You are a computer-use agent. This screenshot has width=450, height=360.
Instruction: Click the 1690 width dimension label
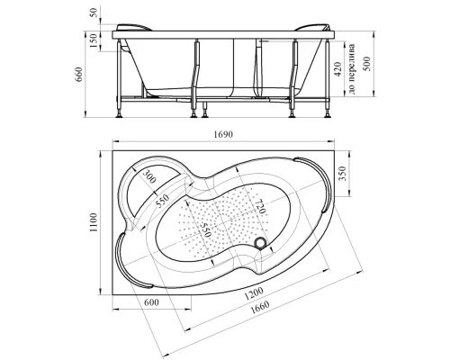pos(223,134)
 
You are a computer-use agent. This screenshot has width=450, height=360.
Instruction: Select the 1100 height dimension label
pos(94,222)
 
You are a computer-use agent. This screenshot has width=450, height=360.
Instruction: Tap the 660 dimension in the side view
pos(79,75)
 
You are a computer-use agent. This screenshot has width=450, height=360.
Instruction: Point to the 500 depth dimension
pos(366,64)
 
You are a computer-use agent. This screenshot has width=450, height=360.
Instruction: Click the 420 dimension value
pos(338,69)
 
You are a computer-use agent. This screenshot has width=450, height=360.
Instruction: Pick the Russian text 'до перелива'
pos(352,68)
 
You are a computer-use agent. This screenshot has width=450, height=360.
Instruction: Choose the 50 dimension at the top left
pos(94,13)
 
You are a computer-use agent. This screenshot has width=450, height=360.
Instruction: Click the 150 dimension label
pos(94,40)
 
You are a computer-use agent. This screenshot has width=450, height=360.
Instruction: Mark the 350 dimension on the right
pos(342,173)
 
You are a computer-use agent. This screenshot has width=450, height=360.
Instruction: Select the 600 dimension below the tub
pos(151,302)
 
